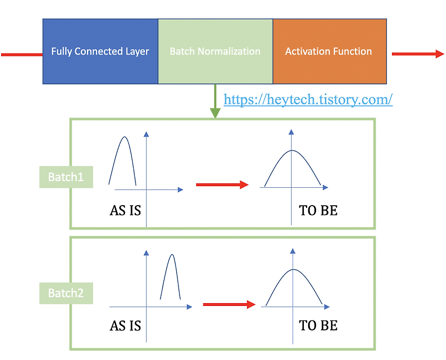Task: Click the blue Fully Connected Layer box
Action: [100, 51]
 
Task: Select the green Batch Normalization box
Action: [215, 51]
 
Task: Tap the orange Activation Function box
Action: [329, 51]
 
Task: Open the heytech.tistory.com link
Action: [308, 99]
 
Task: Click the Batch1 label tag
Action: [66, 177]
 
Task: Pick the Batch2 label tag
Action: [66, 293]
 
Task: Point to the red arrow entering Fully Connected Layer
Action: [21, 55]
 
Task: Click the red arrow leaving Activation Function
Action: [418, 54]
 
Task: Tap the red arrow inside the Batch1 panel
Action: [222, 184]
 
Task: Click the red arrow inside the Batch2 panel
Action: [229, 304]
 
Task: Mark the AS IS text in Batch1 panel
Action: [125, 211]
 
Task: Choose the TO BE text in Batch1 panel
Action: [318, 211]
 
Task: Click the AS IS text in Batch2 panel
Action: [125, 325]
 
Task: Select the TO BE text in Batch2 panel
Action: [318, 325]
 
